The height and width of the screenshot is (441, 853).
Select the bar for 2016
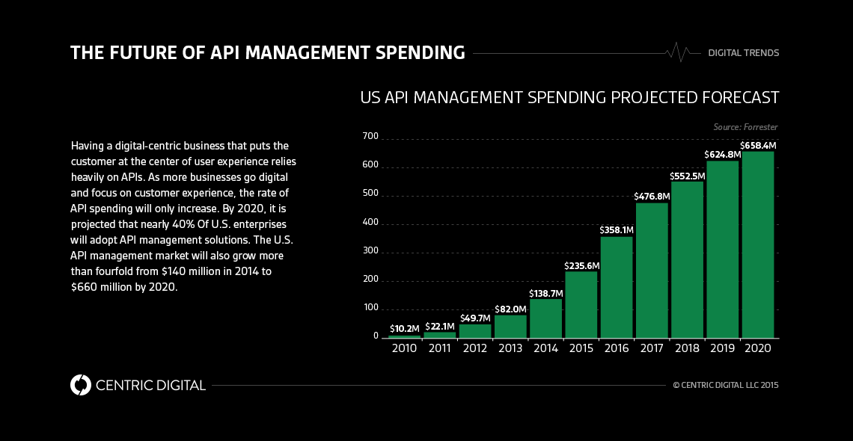click(617, 287)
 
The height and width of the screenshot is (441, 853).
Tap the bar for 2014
click(545, 318)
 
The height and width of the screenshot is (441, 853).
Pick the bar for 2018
click(687, 259)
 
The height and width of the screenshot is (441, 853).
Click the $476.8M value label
click(652, 197)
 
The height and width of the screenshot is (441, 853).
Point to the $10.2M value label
click(405, 329)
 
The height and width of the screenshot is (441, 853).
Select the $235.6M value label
click(581, 265)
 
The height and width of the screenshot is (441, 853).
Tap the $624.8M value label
click(722, 155)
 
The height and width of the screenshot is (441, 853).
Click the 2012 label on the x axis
click(475, 349)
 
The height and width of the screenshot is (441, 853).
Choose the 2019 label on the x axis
click(722, 349)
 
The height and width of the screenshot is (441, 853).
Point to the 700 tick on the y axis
click(370, 137)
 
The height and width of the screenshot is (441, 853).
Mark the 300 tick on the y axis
click(370, 251)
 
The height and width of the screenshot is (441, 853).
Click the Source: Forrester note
click(745, 127)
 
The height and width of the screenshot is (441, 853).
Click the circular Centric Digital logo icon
click(80, 385)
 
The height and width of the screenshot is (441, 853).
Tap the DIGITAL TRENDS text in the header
click(743, 53)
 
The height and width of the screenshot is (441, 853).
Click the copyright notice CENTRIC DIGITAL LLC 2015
click(726, 386)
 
